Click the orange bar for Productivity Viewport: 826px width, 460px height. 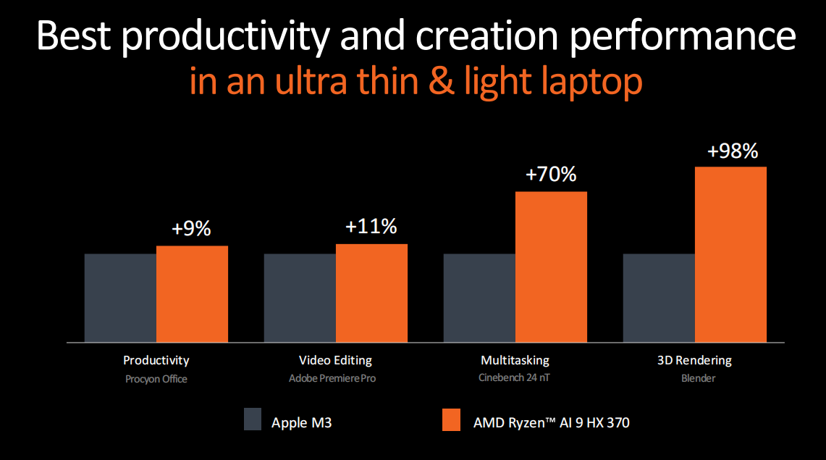tap(192, 293)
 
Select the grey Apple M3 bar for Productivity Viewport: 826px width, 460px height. tap(120, 298)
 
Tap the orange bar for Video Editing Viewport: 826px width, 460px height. tap(371, 293)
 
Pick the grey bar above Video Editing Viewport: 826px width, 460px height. tap(300, 298)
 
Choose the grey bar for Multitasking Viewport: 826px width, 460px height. tap(479, 298)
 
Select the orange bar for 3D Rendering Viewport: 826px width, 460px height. tap(730, 254)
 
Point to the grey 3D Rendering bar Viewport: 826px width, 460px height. tap(659, 298)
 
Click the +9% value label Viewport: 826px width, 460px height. tap(191, 229)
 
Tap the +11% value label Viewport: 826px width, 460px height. tap(371, 227)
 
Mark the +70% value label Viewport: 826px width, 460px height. tap(551, 175)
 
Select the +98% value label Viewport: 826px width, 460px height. tap(732, 151)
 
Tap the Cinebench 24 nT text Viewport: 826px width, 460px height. tap(515, 377)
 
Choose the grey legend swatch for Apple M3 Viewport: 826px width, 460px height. tap(252, 419)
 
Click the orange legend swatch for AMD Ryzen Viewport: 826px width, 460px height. tap(450, 419)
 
